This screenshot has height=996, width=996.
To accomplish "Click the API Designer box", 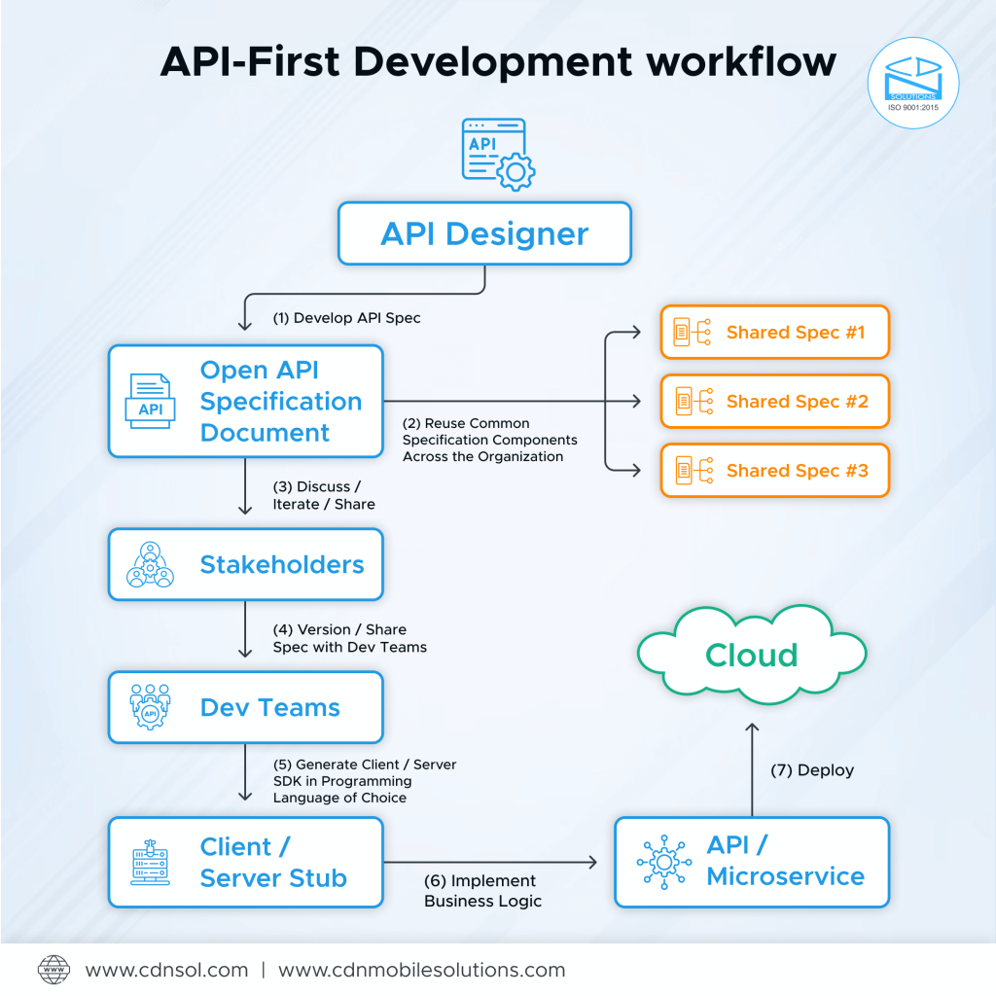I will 484,233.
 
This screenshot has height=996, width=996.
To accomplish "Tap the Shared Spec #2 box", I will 774,401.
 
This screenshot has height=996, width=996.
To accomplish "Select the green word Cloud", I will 751,655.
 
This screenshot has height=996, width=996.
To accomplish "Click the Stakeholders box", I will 245,564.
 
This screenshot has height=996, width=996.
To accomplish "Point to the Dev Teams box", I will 245,707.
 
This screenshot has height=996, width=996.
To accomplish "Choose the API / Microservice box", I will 752,862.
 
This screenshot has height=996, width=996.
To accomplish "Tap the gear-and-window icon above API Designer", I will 497,154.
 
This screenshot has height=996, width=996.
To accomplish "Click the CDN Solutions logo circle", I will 912,84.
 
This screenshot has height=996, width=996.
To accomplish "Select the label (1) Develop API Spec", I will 347,318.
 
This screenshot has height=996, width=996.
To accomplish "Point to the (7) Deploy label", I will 812,769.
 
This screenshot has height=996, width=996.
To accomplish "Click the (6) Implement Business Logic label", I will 482,890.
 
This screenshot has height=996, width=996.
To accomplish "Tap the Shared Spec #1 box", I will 774,333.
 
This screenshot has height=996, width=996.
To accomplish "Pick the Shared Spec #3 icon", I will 694,471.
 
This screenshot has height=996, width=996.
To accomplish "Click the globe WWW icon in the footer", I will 54,970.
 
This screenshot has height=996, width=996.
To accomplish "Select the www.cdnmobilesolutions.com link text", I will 421,970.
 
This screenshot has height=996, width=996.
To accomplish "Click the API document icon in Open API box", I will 151,401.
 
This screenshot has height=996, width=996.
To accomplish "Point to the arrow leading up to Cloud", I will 751,768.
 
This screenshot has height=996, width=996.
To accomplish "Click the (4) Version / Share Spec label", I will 350,638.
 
